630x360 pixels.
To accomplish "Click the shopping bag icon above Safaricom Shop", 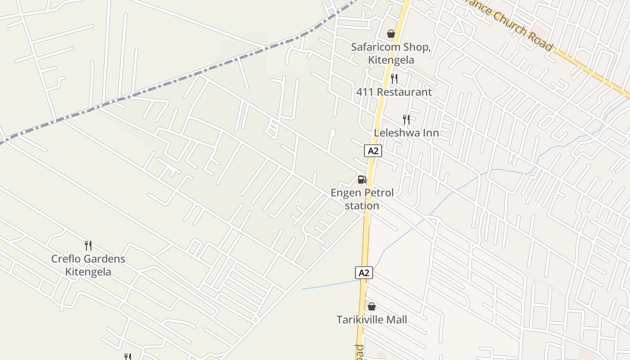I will click(x=391, y=34).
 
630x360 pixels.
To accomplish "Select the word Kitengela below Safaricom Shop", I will click(x=391, y=60).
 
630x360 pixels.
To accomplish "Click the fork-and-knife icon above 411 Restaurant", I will click(x=394, y=79).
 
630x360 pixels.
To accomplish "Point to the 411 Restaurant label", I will click(x=394, y=92).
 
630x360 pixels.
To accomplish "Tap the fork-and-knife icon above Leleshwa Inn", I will click(x=406, y=119).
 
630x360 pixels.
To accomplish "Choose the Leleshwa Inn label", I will click(x=406, y=133).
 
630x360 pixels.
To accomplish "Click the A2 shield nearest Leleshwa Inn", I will click(x=373, y=151).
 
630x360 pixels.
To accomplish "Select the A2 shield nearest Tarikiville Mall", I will click(x=364, y=273).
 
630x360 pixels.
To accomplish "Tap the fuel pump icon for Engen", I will click(x=362, y=180).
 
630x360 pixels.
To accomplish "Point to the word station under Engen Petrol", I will click(x=362, y=206).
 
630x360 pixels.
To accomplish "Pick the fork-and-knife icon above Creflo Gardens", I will click(x=88, y=245).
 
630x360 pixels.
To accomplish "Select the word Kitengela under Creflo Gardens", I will click(x=88, y=272).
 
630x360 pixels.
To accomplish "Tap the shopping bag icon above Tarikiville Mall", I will click(x=372, y=306).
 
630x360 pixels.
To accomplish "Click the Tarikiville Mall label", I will click(x=372, y=320).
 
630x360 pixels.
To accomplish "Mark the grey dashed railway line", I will click(x=180, y=80).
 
